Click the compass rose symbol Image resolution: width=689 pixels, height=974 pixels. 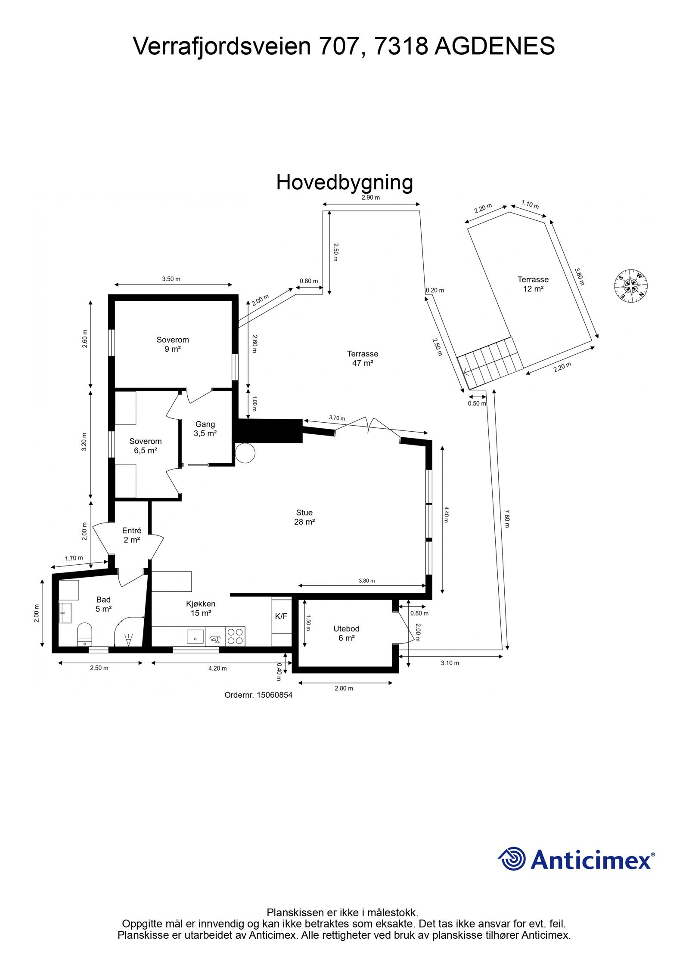pos(631,286)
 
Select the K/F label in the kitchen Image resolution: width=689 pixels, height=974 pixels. pos(281,616)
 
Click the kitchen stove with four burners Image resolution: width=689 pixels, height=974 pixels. pos(235,636)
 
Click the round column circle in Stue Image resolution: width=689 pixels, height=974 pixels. pos(245,453)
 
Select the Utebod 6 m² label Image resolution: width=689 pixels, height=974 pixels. pos(346,633)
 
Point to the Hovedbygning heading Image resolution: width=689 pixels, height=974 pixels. pos(344,182)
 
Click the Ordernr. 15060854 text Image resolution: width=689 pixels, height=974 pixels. pos(258,695)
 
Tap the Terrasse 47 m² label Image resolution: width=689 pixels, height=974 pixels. pos(363,358)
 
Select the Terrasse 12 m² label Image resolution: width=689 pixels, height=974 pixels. pos(533,284)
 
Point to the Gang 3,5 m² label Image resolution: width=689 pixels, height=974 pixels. pos(205,429)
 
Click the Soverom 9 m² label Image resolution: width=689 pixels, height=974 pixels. pos(173,344)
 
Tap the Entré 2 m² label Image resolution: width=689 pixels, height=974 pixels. pos(132,535)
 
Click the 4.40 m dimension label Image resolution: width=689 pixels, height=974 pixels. pos(446,514)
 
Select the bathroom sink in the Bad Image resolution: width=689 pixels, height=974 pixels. pos(66,612)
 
